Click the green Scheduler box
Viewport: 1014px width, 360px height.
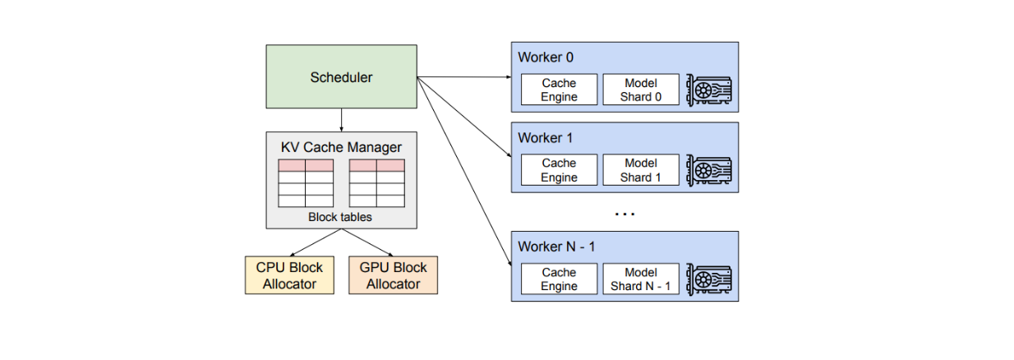click(x=341, y=76)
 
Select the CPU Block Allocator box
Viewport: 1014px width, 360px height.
click(x=290, y=275)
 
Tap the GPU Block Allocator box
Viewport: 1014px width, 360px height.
click(x=393, y=275)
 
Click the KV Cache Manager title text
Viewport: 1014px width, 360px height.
click(x=341, y=147)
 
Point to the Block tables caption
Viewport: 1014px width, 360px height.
click(x=340, y=217)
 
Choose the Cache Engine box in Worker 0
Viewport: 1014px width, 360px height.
click(x=559, y=90)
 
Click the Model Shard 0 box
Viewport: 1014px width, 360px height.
click(x=641, y=90)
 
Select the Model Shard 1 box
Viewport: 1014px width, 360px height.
click(x=641, y=170)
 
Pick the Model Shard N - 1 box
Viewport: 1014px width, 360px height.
click(x=641, y=279)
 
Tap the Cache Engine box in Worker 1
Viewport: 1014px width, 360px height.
click(x=559, y=170)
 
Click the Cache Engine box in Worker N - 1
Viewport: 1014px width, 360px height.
click(x=559, y=279)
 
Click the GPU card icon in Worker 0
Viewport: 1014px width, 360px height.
click(x=709, y=90)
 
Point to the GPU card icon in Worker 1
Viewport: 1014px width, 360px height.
click(x=709, y=170)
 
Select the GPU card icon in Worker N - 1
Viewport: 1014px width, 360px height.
click(x=709, y=279)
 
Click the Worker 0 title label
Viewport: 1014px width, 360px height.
click(x=546, y=58)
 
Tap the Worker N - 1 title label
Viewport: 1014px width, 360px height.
click(x=556, y=247)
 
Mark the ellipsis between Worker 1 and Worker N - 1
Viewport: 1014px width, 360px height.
click(x=625, y=214)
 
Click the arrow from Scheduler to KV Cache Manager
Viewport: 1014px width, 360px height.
click(x=341, y=120)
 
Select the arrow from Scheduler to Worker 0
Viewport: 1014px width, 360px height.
click(x=464, y=77)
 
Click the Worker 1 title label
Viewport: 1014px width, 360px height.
click(x=546, y=137)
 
